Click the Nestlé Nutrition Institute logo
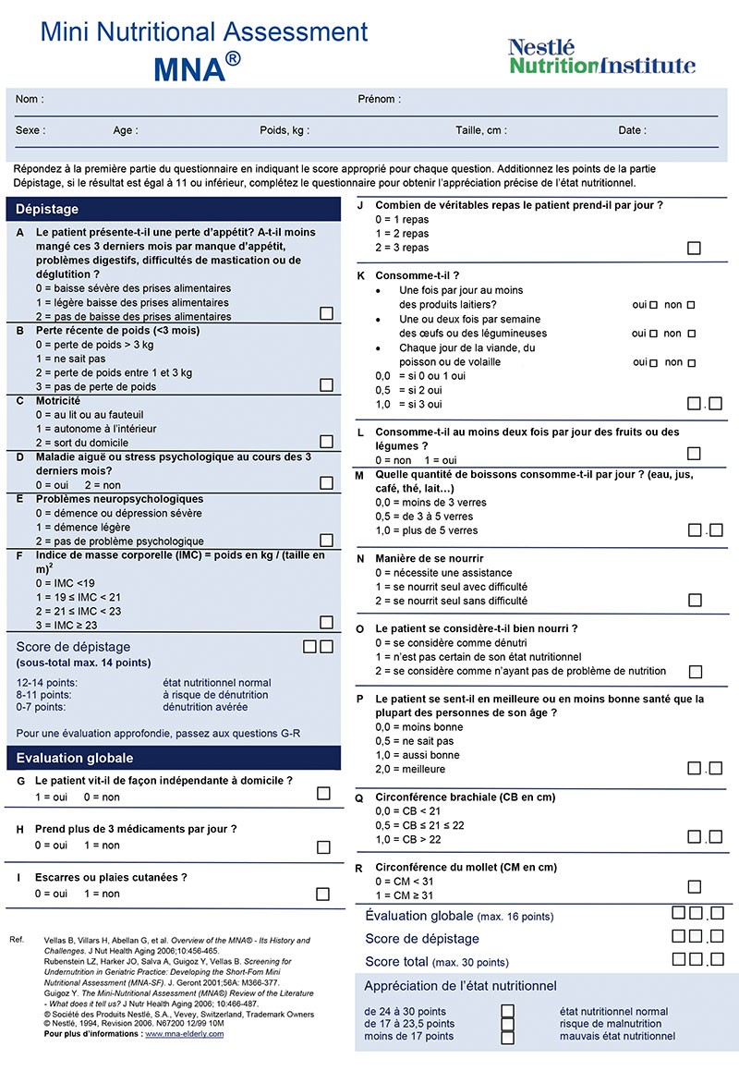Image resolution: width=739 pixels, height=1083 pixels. (601, 56)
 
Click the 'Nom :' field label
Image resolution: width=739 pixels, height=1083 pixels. (30, 99)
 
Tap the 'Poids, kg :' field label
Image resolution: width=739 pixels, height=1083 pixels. (285, 130)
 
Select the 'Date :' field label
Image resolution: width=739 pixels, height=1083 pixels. (632, 130)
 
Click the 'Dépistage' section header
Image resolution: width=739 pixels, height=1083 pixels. (48, 210)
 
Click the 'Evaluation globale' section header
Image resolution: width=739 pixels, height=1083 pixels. (75, 758)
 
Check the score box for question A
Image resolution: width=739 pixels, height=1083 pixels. (326, 313)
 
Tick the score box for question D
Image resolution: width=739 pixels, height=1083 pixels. (326, 482)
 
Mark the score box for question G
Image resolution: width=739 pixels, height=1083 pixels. (323, 793)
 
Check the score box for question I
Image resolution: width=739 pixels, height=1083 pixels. (323, 894)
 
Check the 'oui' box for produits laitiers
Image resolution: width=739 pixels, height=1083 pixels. (654, 304)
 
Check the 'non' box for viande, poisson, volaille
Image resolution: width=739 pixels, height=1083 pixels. (687, 362)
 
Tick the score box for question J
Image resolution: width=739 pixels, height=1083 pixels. (694, 248)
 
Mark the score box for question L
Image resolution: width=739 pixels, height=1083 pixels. (694, 454)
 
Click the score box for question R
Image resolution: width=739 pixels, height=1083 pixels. (694, 887)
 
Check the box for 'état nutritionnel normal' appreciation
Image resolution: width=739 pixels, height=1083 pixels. (507, 1011)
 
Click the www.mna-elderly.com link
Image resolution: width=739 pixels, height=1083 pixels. (184, 1034)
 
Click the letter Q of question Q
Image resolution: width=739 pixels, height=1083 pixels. (359, 797)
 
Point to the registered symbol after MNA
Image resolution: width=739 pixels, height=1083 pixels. (235, 58)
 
